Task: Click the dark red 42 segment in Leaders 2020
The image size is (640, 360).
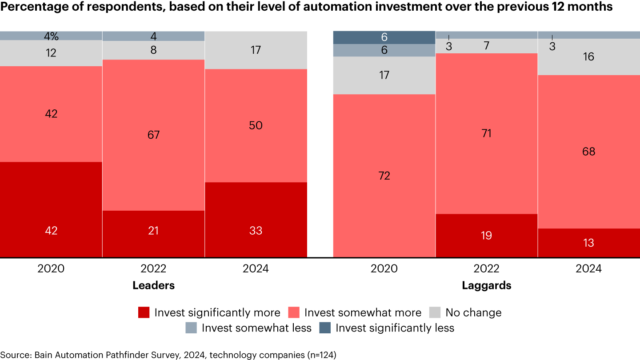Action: [x=51, y=209]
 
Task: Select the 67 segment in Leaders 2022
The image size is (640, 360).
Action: [x=153, y=135]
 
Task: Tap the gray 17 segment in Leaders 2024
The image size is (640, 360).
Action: [x=256, y=50]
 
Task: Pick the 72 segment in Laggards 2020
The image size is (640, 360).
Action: [x=384, y=176]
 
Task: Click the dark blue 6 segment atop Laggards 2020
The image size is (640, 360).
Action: [x=384, y=37]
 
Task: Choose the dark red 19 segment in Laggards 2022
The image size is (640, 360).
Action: [x=486, y=235]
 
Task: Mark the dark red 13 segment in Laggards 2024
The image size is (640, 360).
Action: [x=588, y=243]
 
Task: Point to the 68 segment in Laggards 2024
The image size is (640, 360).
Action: [x=588, y=152]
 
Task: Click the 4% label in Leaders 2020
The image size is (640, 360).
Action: [x=51, y=36]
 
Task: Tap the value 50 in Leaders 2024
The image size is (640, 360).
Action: [x=256, y=125]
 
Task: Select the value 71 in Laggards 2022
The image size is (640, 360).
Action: [x=486, y=133]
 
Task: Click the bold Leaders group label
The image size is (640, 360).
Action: [x=153, y=285]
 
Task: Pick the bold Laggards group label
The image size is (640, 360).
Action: [x=486, y=285]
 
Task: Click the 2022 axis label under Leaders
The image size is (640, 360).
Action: [x=153, y=269]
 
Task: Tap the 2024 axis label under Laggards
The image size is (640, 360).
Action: [x=588, y=269]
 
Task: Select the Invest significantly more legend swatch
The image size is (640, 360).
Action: [x=144, y=312]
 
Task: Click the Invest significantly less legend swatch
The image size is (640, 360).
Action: [x=325, y=328]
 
